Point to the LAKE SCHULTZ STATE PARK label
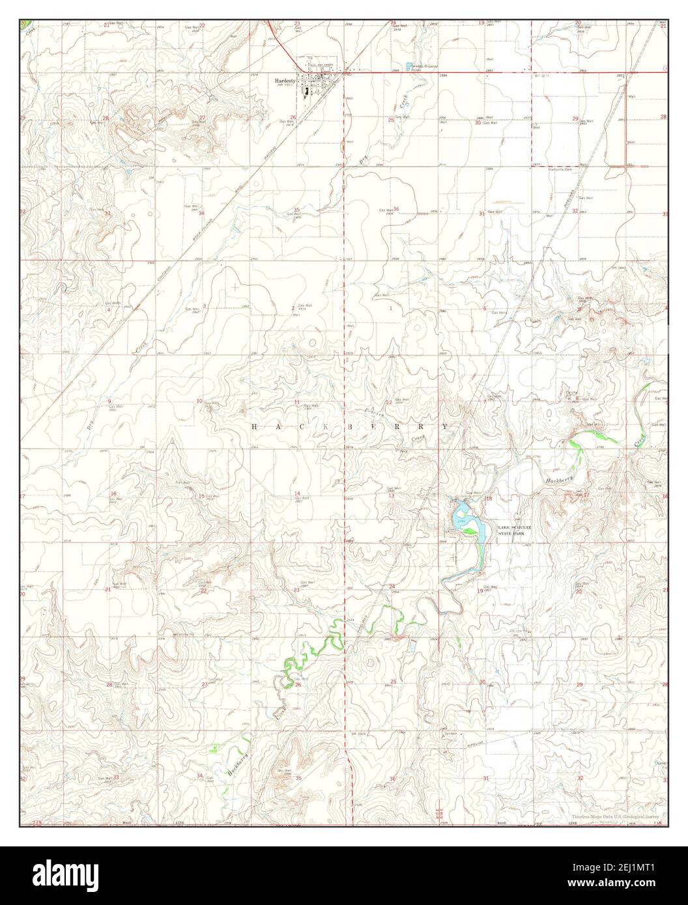click(x=514, y=529)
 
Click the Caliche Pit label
click(x=180, y=633)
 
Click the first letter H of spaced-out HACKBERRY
click(x=255, y=426)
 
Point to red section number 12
click(x=389, y=402)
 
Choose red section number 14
click(x=297, y=493)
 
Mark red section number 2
click(x=293, y=307)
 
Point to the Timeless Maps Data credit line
click(x=616, y=816)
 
